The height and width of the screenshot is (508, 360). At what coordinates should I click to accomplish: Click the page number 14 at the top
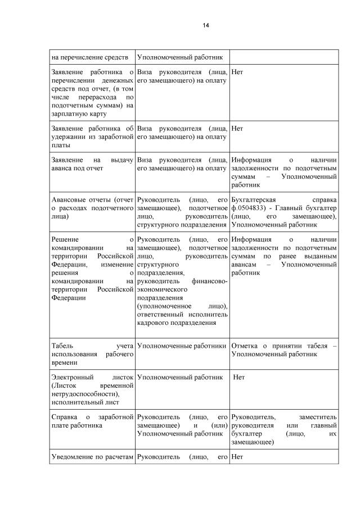(206, 25)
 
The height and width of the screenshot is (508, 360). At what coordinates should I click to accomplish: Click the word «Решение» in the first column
(64, 239)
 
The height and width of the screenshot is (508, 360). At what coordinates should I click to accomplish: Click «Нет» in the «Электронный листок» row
(240, 378)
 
